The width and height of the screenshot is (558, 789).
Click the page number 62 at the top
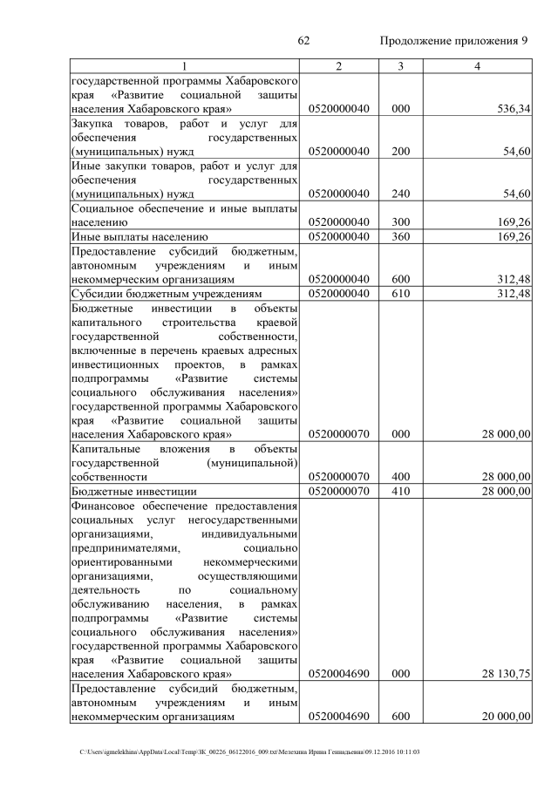pos(304,42)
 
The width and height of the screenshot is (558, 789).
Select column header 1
pos(184,67)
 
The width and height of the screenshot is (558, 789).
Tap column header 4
pos(477,67)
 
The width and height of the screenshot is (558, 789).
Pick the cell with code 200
pos(400,152)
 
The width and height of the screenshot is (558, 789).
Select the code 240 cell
pos(400,194)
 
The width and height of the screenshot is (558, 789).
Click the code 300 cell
pos(400,222)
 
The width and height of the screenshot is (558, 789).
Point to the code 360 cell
pos(400,236)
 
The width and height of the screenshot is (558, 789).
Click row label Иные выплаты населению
pos(138,236)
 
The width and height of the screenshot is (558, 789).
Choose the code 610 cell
pos(400,293)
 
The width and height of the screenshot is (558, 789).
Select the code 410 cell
pos(400,492)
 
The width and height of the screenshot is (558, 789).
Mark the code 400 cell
pos(400,477)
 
